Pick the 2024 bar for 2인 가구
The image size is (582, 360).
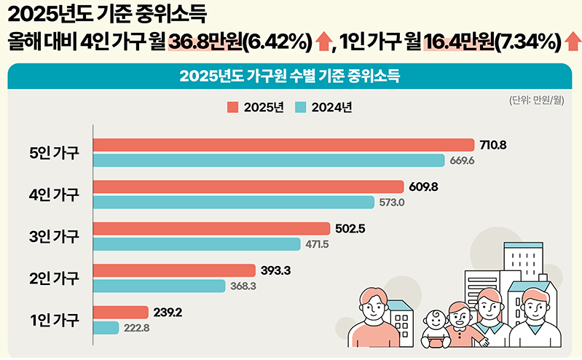pos(159,286)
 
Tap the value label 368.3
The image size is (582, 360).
pos(245,286)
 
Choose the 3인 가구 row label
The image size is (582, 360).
pos(55,236)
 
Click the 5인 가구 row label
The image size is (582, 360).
pos(55,153)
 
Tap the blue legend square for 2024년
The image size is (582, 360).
pos(301,107)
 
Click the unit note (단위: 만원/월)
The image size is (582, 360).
pos(537,101)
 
